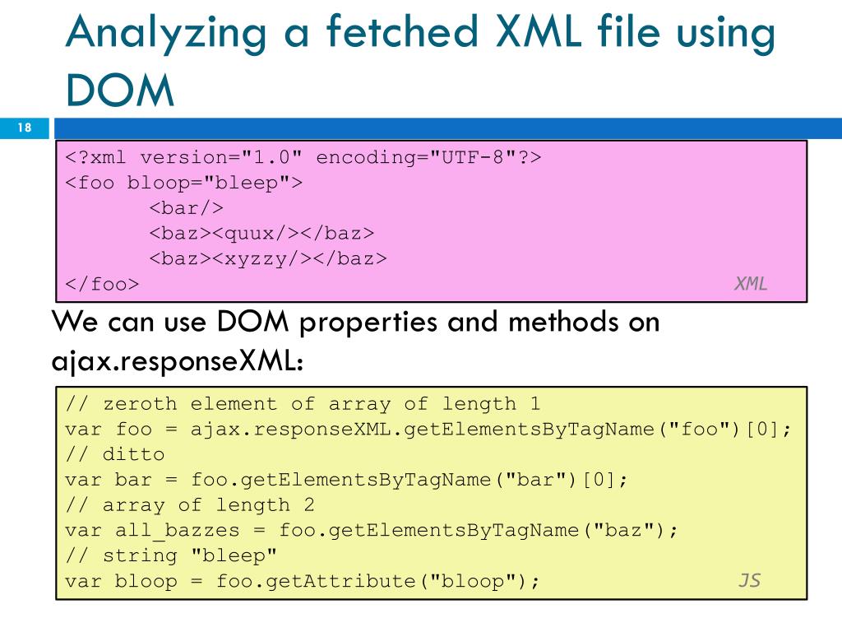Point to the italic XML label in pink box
pyautogui.click(x=750, y=284)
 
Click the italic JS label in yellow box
pyautogui.click(x=749, y=580)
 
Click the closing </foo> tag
pyautogui.click(x=103, y=285)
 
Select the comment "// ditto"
pyautogui.click(x=115, y=454)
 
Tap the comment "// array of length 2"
pyautogui.click(x=190, y=505)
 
